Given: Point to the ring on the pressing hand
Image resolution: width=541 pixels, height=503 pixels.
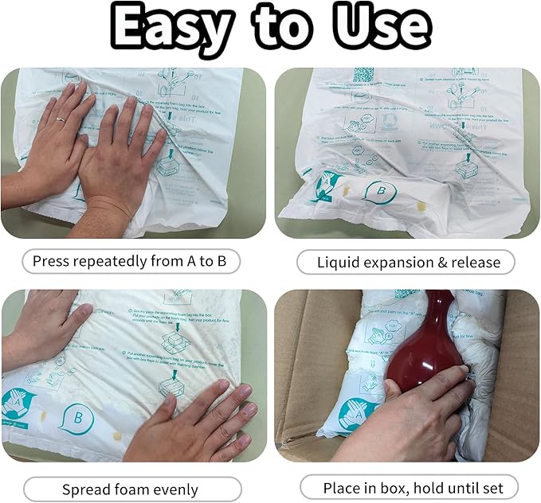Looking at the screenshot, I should click(60, 119).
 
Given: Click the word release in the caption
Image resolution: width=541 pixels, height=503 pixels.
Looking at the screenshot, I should click(476, 262).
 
